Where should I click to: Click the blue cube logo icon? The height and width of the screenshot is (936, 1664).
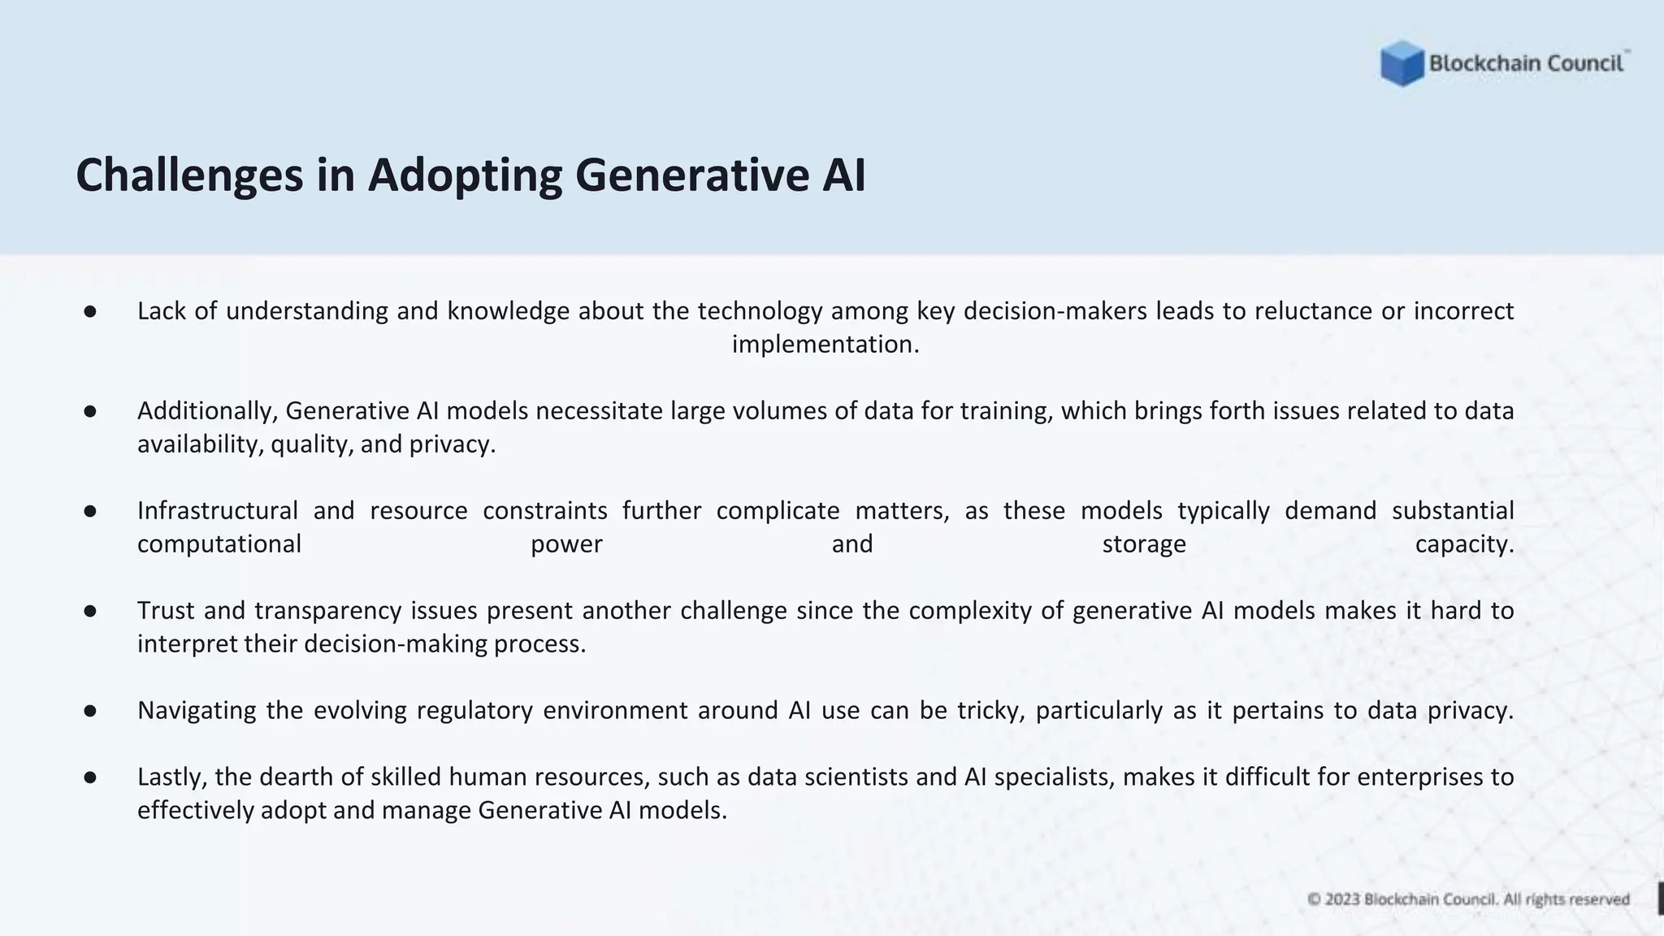pyautogui.click(x=1402, y=63)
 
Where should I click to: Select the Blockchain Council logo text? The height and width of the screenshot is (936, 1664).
pyautogui.click(x=1526, y=63)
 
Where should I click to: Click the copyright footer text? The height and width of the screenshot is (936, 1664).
pyautogui.click(x=1468, y=899)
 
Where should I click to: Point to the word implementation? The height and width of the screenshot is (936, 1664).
pyautogui.click(x=825, y=344)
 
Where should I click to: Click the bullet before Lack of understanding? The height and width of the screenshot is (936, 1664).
pyautogui.click(x=90, y=311)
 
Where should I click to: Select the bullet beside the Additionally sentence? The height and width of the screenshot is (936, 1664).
pyautogui.click(x=90, y=411)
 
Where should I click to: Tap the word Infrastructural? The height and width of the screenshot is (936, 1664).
pyautogui.click(x=218, y=511)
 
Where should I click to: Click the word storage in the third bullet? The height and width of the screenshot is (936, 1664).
pyautogui.click(x=1143, y=544)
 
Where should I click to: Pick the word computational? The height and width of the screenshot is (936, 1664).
pyautogui.click(x=219, y=544)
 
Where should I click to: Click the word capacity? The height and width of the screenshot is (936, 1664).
pyautogui.click(x=1464, y=544)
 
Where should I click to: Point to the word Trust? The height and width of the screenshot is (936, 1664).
pyautogui.click(x=166, y=611)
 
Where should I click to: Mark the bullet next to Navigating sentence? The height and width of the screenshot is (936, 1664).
pyautogui.click(x=90, y=711)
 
